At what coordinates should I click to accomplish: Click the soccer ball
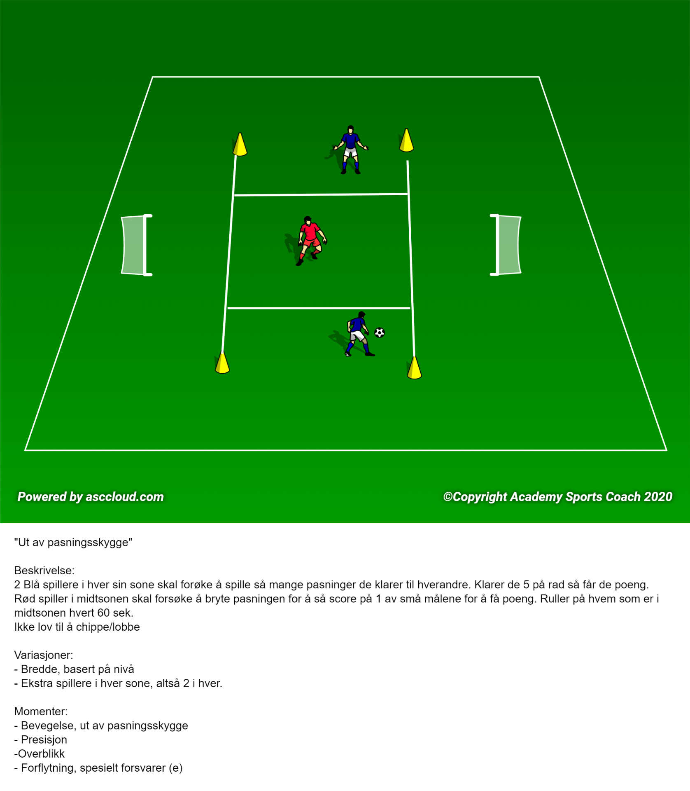click(380, 332)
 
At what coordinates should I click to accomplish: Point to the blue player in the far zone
click(350, 150)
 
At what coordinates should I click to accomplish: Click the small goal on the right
click(506, 245)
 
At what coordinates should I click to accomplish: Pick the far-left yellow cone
click(240, 144)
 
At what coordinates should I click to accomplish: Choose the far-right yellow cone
click(406, 140)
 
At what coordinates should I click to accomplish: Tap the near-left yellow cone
click(222, 362)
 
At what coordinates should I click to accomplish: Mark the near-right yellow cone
click(414, 367)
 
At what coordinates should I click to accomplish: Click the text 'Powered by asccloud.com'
click(91, 497)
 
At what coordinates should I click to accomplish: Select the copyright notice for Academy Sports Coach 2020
click(558, 497)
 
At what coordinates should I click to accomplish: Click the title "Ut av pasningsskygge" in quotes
click(73, 542)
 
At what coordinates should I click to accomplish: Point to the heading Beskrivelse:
click(44, 571)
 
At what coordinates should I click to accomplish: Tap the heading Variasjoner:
click(44, 655)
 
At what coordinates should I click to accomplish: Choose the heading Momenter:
click(41, 711)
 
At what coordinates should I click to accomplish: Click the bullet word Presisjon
click(44, 740)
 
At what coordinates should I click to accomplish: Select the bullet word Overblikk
click(42, 754)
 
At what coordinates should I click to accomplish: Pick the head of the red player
click(308, 220)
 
